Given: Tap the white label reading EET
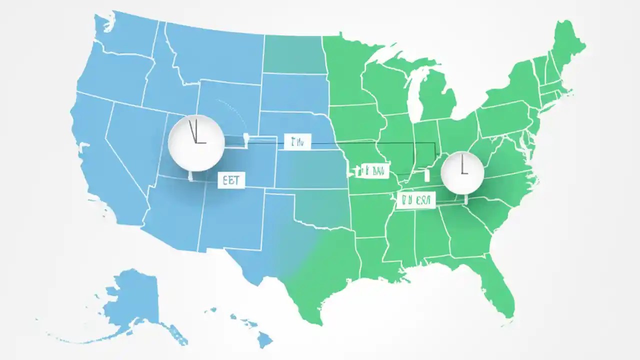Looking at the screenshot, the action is [231, 180].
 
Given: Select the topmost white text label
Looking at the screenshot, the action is [297, 141].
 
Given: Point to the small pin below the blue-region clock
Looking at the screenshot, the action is [190, 176].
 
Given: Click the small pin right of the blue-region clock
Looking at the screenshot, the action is [245, 139].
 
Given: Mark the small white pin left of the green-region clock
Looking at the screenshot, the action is [427, 175].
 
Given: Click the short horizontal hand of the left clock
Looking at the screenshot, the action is [200, 143].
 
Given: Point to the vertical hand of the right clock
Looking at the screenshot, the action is [462, 164].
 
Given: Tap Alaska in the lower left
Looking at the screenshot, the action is [132, 300].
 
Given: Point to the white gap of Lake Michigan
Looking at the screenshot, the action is [413, 95].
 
